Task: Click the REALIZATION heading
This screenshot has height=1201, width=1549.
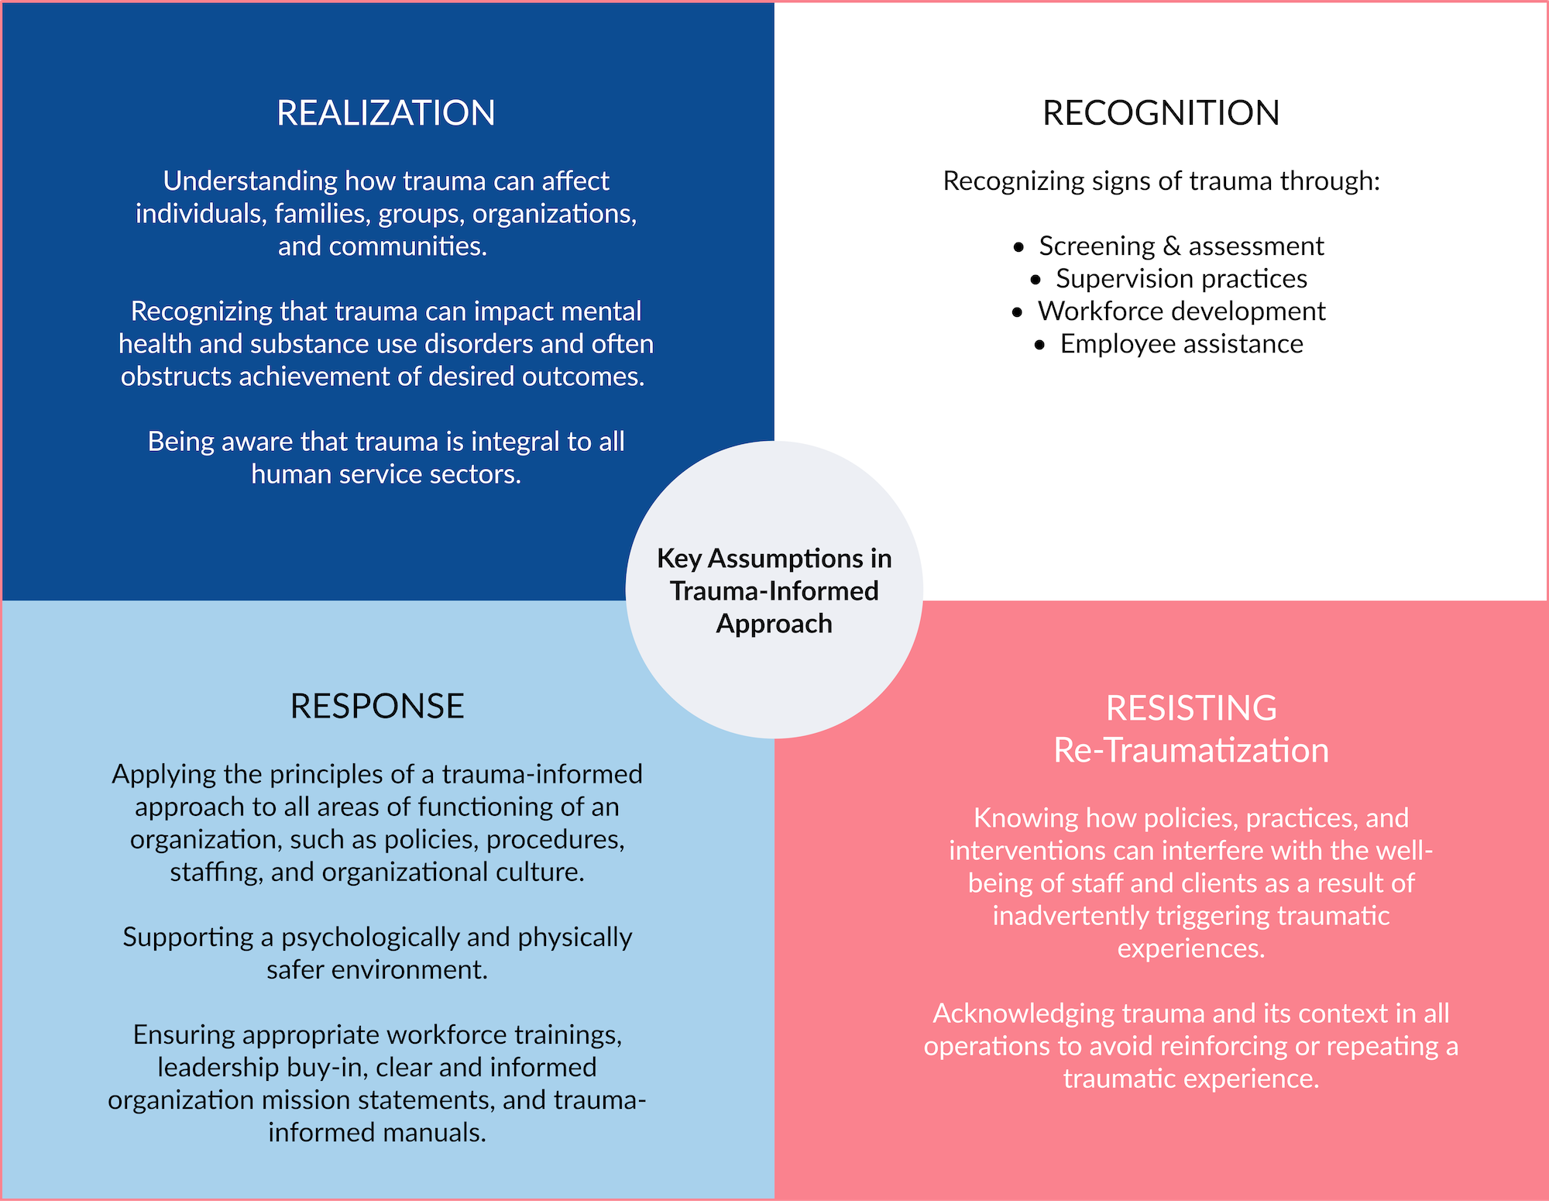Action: [x=386, y=113]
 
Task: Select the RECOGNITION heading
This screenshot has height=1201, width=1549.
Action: [x=1160, y=113]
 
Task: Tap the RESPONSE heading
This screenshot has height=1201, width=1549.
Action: [x=377, y=707]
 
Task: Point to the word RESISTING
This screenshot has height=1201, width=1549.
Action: [x=1191, y=708]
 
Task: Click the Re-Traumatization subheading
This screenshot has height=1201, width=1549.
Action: [x=1191, y=751]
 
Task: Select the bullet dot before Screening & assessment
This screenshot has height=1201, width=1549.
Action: [x=1019, y=247]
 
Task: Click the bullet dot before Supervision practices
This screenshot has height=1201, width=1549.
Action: [x=1036, y=280]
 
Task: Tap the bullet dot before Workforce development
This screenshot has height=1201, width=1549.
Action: [x=1018, y=312]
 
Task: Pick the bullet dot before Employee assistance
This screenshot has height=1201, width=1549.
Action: [x=1040, y=345]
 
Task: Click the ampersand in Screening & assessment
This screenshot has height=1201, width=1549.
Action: [x=1172, y=246]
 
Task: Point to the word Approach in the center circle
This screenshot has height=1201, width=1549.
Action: [x=774, y=625]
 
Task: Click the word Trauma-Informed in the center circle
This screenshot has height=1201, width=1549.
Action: [x=774, y=591]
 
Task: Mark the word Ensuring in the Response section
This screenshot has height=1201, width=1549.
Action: [x=183, y=1035]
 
